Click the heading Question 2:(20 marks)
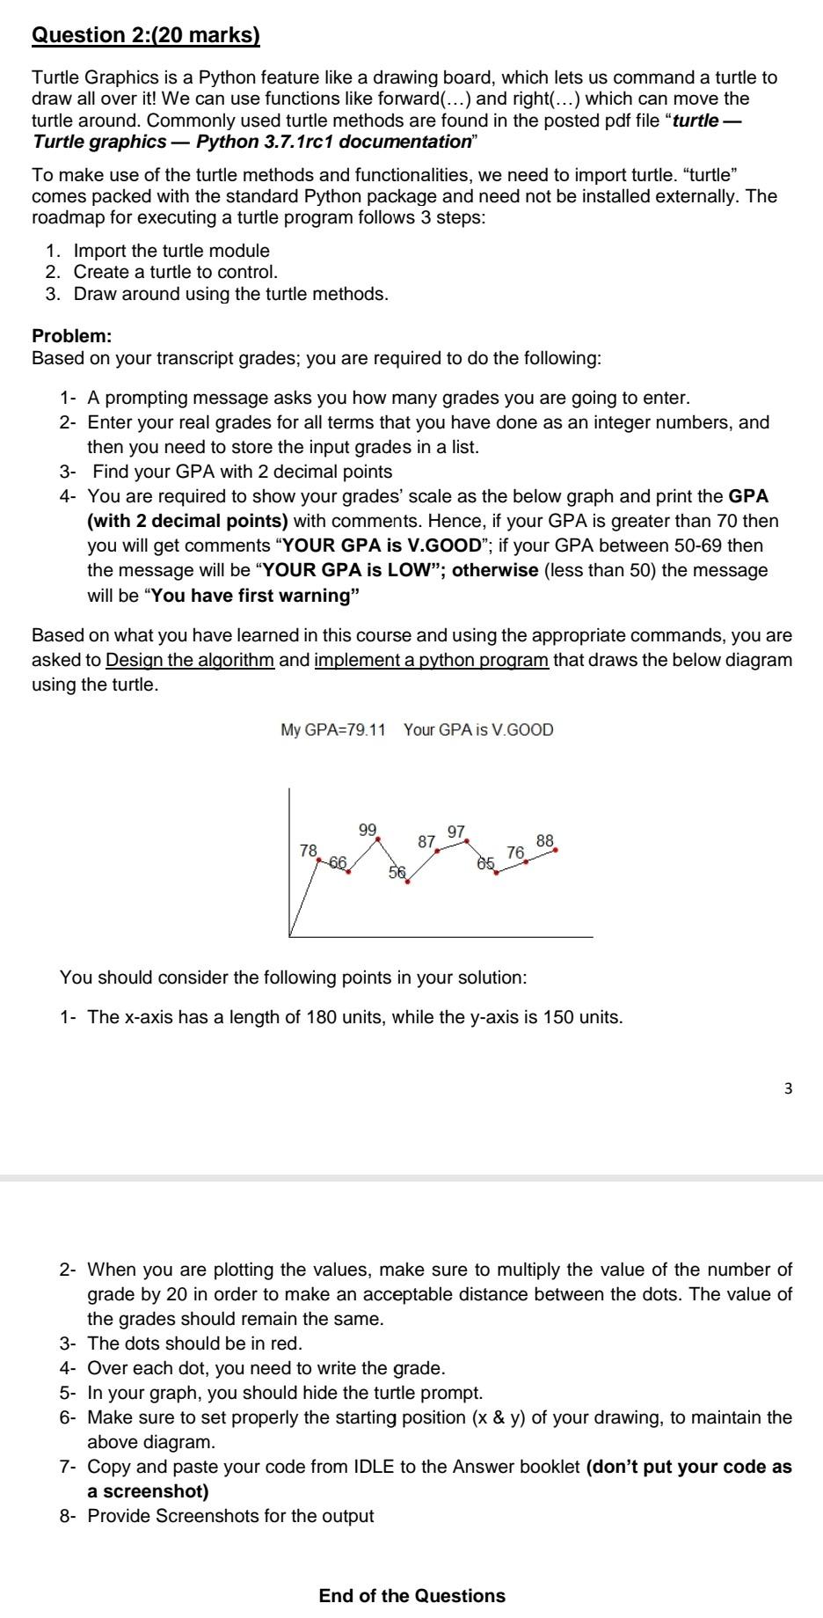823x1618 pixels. click(x=146, y=35)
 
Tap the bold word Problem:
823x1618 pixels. click(x=72, y=336)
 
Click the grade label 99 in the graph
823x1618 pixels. click(x=368, y=830)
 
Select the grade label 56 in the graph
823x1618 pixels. click(x=397, y=873)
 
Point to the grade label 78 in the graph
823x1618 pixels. click(x=308, y=850)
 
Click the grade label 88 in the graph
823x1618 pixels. click(x=544, y=840)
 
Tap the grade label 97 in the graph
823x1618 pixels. click(x=456, y=831)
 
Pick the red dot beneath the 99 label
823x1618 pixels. click(x=378, y=839)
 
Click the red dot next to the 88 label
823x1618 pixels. click(x=555, y=850)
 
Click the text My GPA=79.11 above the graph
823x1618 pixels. click(x=332, y=730)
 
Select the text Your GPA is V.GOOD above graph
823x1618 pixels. click(x=478, y=730)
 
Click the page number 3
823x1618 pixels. click(x=787, y=1088)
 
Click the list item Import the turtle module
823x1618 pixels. click(x=171, y=251)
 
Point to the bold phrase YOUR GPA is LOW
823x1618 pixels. click(x=346, y=570)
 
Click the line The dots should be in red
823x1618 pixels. click(x=194, y=1343)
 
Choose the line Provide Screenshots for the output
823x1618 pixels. click(x=230, y=1516)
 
